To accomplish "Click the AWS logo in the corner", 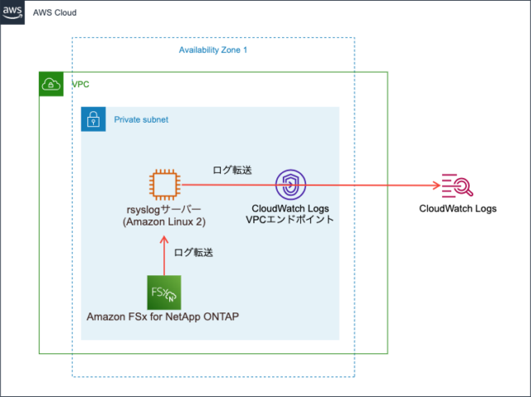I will tap(12, 12).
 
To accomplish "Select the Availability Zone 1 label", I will tap(213, 51).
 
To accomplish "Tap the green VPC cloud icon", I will tap(51, 85).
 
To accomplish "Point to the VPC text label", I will tap(80, 85).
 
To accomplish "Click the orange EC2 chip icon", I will tap(165, 185).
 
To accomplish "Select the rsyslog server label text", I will tap(164, 210).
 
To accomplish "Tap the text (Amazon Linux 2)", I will tap(164, 222).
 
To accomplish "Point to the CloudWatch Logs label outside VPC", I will tap(457, 209).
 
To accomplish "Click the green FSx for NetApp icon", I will tap(163, 292).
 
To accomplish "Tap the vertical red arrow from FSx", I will tap(164, 257).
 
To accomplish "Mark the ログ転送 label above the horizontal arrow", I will tap(232, 170).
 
